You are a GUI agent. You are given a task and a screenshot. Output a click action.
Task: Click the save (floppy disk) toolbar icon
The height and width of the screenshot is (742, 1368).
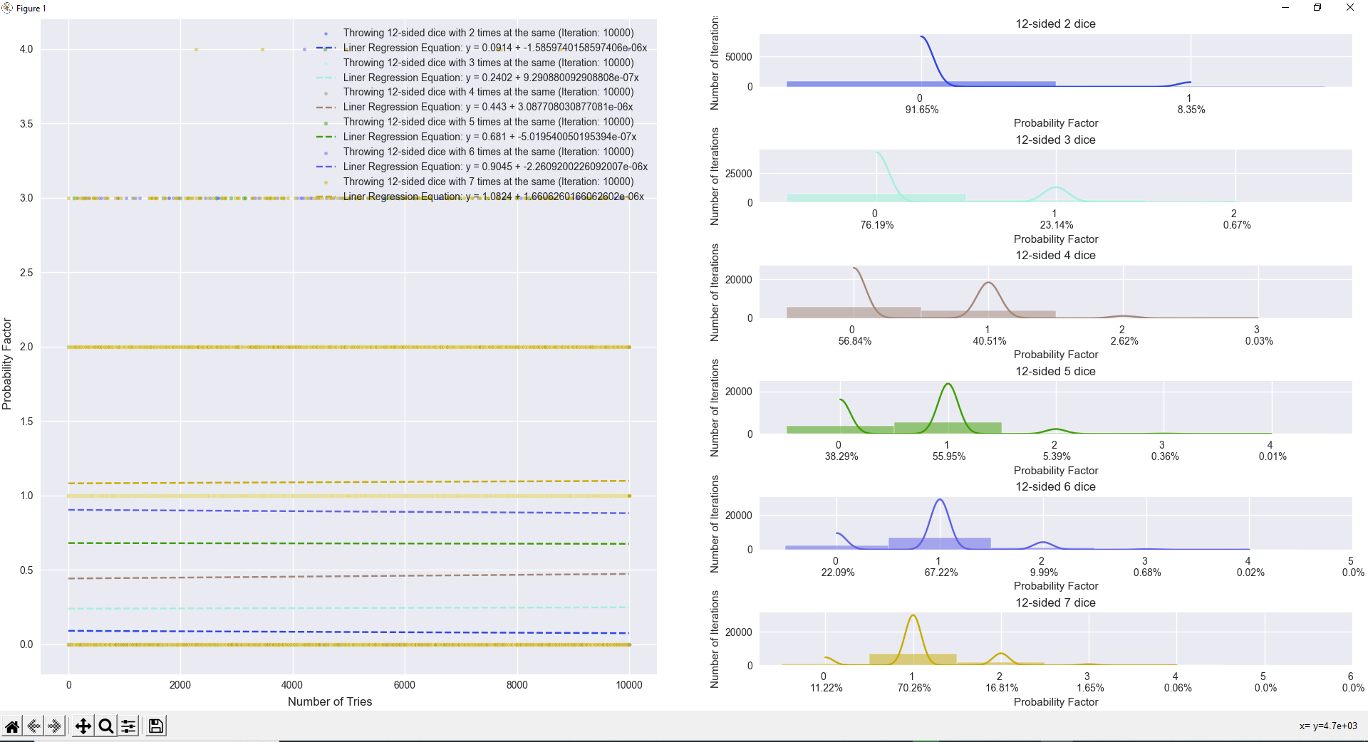pyautogui.click(x=155, y=726)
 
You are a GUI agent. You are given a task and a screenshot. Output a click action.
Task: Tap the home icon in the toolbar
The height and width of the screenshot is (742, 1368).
pyautogui.click(x=12, y=726)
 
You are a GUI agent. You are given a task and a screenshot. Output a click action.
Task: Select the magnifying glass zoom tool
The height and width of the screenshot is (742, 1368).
pyautogui.click(x=105, y=726)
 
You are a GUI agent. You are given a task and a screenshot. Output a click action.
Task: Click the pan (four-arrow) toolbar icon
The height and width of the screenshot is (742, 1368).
pyautogui.click(x=83, y=726)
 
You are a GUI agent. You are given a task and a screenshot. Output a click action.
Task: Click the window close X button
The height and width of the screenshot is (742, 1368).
pyautogui.click(x=1349, y=8)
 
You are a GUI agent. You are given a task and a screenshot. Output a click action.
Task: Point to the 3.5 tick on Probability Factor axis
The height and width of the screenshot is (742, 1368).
pyautogui.click(x=26, y=124)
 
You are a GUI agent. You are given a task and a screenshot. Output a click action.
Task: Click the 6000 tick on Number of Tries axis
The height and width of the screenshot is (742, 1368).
pyautogui.click(x=404, y=685)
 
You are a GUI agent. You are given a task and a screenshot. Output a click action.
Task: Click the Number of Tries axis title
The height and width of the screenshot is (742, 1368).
pyautogui.click(x=330, y=701)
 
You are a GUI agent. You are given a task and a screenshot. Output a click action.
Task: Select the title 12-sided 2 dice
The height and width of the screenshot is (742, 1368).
pyautogui.click(x=1055, y=23)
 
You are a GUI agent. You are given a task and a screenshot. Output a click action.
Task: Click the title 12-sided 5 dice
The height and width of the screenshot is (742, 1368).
pyautogui.click(x=1055, y=371)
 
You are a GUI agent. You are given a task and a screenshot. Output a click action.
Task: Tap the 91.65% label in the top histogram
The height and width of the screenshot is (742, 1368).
pyautogui.click(x=921, y=110)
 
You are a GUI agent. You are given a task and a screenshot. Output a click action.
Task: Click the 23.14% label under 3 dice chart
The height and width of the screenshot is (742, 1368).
pyautogui.click(x=1056, y=225)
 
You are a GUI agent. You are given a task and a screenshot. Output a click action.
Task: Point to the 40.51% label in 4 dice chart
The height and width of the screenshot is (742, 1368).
pyautogui.click(x=989, y=341)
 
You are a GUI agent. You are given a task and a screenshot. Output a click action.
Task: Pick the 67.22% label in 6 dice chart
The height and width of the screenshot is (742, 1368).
pyautogui.click(x=940, y=573)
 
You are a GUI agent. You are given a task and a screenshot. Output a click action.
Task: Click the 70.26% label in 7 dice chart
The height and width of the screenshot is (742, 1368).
pyautogui.click(x=913, y=688)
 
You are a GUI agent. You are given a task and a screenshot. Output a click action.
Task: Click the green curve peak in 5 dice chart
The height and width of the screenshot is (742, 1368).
pyautogui.click(x=948, y=385)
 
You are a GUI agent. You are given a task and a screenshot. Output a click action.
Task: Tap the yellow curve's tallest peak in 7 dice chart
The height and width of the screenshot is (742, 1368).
pyautogui.click(x=913, y=616)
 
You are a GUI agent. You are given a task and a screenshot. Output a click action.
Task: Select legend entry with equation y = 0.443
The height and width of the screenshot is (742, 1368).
pyautogui.click(x=487, y=107)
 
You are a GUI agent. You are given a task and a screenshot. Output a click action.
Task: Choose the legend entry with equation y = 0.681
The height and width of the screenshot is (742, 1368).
pyautogui.click(x=489, y=137)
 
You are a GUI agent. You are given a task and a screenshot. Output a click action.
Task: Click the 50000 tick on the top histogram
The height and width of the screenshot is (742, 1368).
pyautogui.click(x=738, y=57)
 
